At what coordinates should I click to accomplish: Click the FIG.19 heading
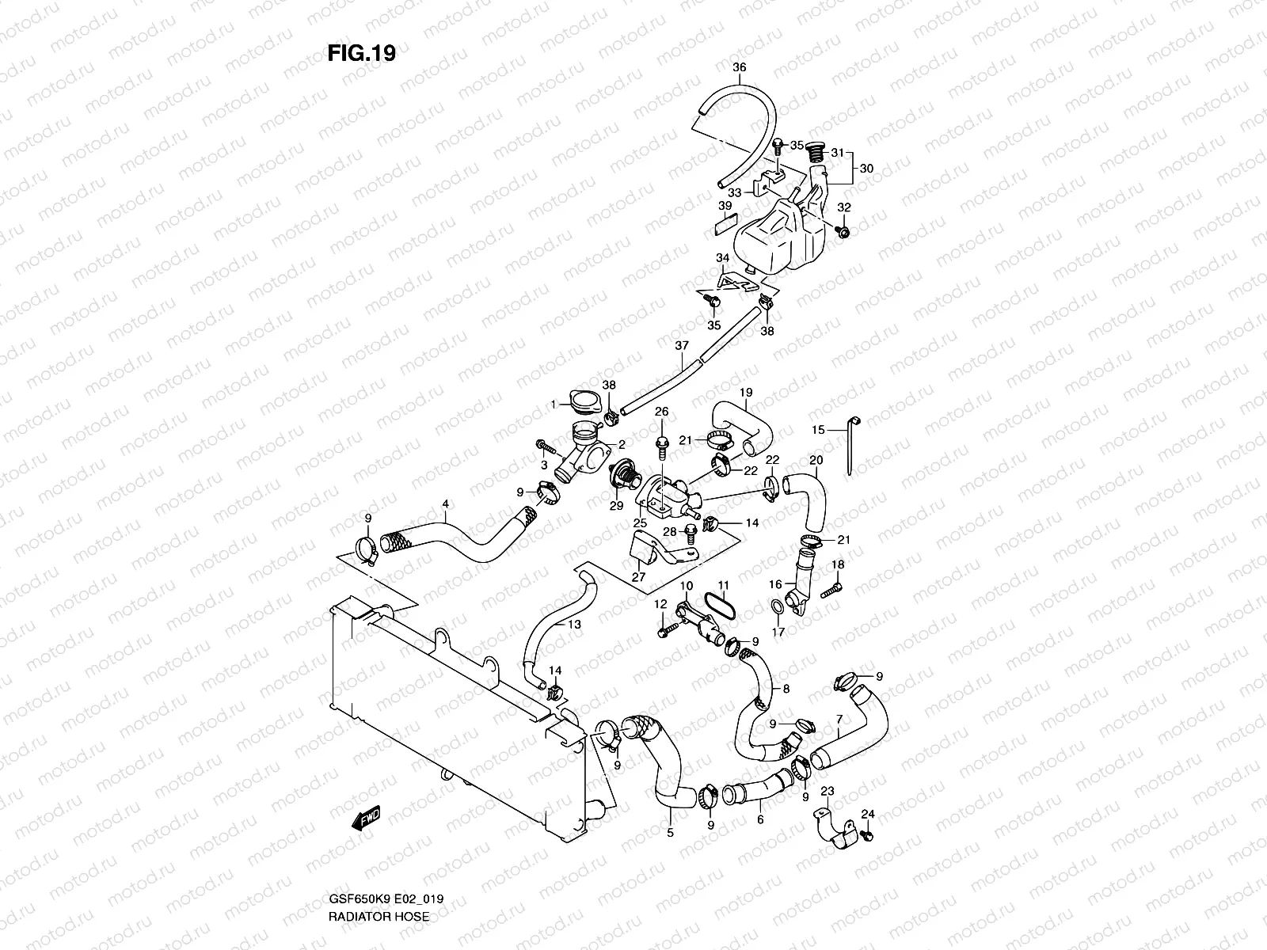coord(361,53)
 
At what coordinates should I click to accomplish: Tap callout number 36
coord(739,68)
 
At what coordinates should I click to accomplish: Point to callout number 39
coord(725,206)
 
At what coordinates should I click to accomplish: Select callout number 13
coord(574,625)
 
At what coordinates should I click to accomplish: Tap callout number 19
coord(746,393)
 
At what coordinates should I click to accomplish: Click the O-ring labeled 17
coord(779,607)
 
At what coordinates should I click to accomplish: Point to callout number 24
coord(868,814)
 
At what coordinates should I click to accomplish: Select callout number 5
coord(670,832)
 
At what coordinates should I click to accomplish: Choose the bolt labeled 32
coord(843,231)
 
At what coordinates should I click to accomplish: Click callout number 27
coord(637,577)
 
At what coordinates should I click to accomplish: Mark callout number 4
coord(446,503)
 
